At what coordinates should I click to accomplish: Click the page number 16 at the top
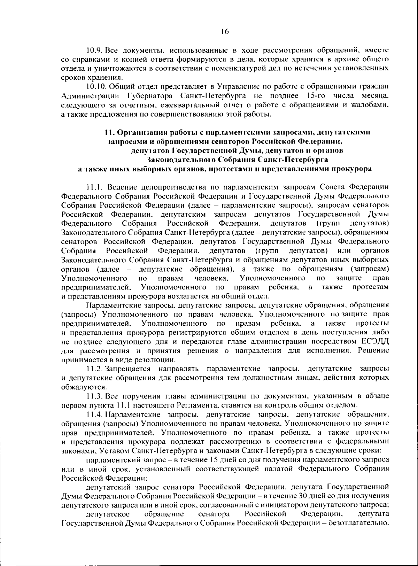coord(225,32)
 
